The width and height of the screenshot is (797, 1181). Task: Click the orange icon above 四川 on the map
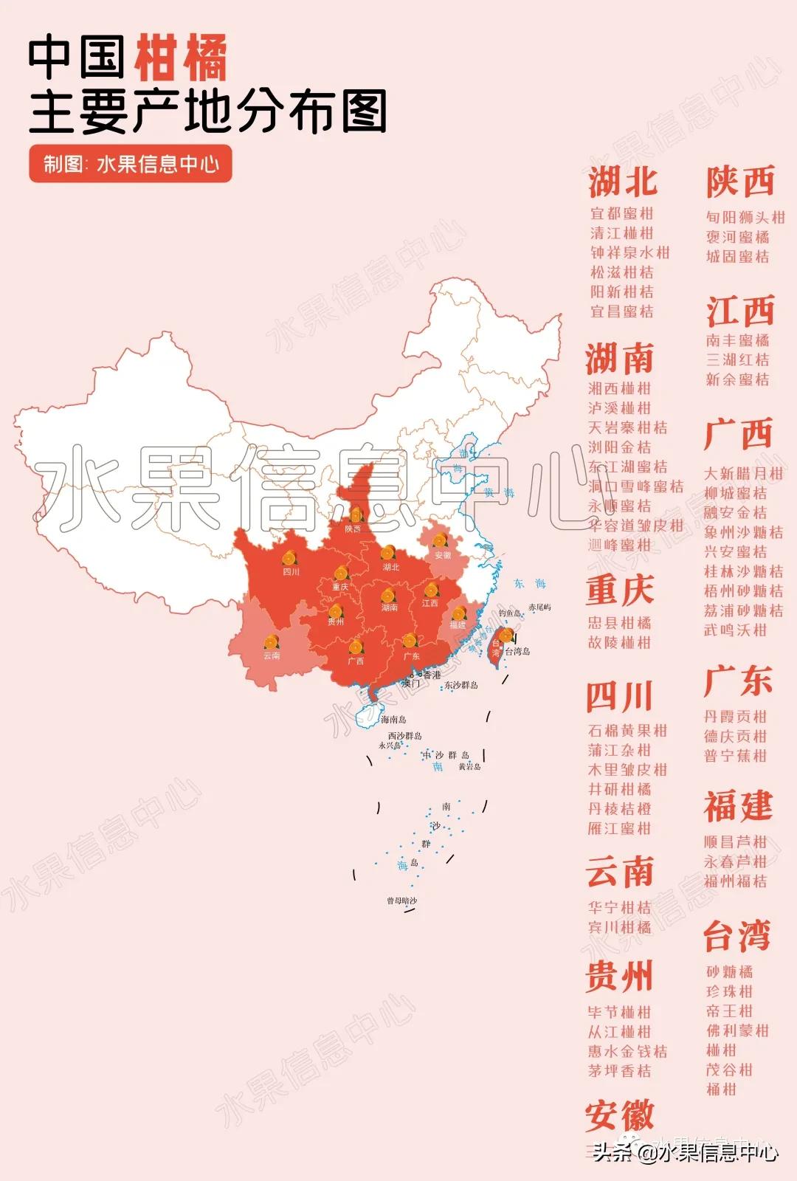click(289, 559)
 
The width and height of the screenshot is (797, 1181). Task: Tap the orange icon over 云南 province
click(272, 641)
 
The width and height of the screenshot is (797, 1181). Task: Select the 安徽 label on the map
click(443, 555)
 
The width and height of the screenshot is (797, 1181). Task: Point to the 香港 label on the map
click(432, 675)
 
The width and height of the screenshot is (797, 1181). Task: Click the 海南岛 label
click(393, 719)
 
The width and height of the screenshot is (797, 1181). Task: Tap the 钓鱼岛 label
click(509, 613)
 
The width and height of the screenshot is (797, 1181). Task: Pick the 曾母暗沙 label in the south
click(401, 901)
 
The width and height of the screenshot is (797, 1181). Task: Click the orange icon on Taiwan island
click(506, 636)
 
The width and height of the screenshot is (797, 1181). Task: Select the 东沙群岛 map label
click(460, 685)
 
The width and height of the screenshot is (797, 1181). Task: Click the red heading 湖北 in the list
click(622, 182)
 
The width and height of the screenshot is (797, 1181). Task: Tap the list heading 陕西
click(739, 182)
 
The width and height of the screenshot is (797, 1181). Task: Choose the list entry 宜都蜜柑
click(621, 213)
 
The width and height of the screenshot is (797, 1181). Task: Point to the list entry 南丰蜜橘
click(736, 340)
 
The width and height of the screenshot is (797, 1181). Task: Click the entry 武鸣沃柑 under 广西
click(735, 630)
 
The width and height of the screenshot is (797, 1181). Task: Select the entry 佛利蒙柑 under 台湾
click(736, 1030)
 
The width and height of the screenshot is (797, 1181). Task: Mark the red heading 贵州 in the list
click(619, 976)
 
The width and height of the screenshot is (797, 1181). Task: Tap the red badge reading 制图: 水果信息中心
click(131, 164)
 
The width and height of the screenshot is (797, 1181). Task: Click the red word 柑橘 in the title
click(180, 59)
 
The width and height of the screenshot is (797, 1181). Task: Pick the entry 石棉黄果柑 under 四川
click(627, 731)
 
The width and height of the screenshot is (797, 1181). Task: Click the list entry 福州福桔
click(735, 881)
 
